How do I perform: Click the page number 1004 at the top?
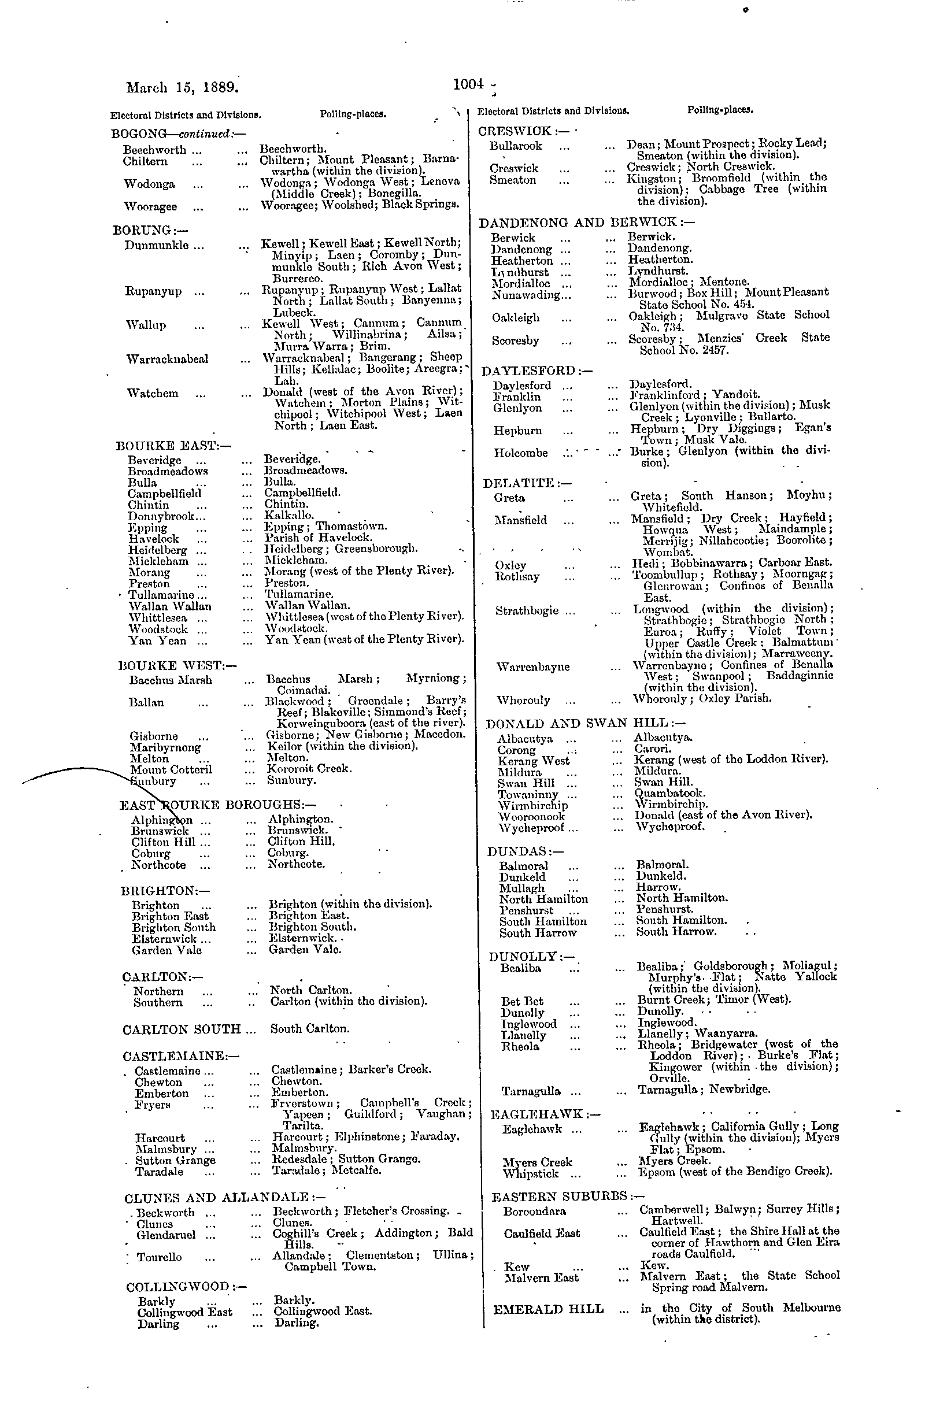(x=468, y=84)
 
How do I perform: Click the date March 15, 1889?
(x=183, y=87)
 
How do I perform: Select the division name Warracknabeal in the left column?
(x=167, y=359)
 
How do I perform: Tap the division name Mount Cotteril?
(x=171, y=769)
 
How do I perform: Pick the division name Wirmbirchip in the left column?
(x=533, y=805)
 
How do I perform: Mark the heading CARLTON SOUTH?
(x=182, y=1029)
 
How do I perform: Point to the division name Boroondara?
(x=534, y=1211)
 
